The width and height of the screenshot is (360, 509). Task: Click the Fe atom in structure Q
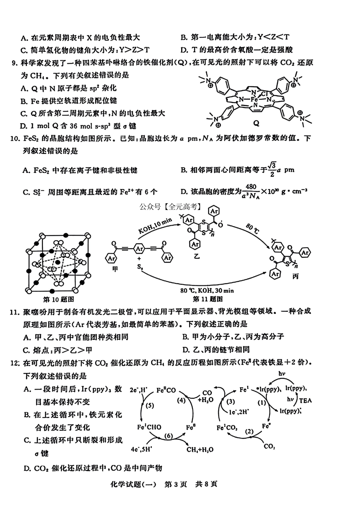(254, 99)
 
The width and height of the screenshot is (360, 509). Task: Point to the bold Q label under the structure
(256, 123)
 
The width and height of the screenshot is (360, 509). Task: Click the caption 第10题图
(59, 299)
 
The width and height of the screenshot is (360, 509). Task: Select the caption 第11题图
(208, 299)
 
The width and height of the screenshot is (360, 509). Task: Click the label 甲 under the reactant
(115, 269)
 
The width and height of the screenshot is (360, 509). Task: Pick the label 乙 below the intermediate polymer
(197, 256)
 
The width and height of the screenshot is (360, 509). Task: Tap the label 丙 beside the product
(296, 276)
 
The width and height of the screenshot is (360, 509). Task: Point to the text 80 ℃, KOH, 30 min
(207, 291)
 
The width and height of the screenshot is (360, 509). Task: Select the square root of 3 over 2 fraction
(272, 169)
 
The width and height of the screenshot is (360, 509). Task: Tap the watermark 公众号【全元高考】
(171, 207)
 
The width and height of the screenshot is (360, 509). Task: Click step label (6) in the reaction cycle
(169, 436)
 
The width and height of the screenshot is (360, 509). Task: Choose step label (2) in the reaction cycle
(249, 431)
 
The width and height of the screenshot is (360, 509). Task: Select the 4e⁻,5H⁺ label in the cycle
(141, 449)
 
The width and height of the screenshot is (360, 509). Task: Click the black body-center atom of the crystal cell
(58, 262)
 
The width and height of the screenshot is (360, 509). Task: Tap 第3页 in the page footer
(175, 490)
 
